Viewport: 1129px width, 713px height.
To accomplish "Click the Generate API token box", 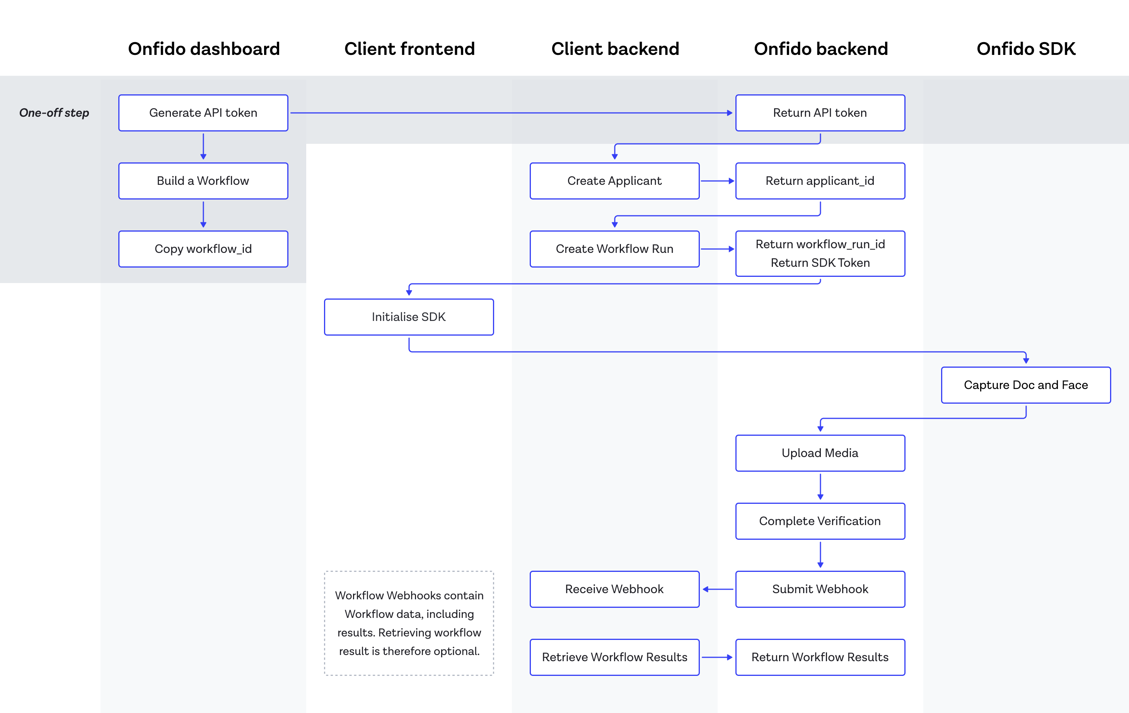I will pos(203,113).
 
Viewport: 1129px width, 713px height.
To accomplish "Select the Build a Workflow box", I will pos(203,181).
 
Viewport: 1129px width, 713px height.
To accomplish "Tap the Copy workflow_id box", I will pos(203,249).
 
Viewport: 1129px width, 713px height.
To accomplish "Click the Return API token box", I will pos(820,113).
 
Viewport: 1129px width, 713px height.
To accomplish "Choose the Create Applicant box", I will pos(614,181).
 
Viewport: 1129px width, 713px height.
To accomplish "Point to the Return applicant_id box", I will pos(820,181).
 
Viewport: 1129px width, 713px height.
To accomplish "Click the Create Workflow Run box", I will pos(614,249).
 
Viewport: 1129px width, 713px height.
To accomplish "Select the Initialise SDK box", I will pos(408,317).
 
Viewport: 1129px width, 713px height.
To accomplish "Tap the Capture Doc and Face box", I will pos(1025,385).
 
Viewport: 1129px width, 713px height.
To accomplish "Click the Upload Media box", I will pos(820,453).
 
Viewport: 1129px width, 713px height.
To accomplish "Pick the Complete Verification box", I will pos(820,521).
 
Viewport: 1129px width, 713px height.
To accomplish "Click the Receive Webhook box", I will pos(614,589).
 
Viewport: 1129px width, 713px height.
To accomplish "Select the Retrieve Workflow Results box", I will pos(614,657).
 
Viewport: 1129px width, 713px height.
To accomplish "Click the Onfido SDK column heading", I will pos(1025,49).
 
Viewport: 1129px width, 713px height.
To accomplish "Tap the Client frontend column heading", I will pos(409,49).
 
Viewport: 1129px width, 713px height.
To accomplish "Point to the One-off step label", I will pos(54,113).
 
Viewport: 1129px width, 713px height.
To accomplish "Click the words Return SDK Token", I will pos(820,263).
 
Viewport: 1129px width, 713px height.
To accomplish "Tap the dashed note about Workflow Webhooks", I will pos(409,623).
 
